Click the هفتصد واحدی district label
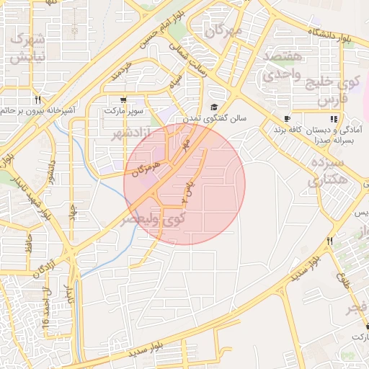point(285,65)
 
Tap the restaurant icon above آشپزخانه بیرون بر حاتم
point(37,100)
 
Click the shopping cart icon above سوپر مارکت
point(123,100)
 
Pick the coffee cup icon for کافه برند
point(287,119)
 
